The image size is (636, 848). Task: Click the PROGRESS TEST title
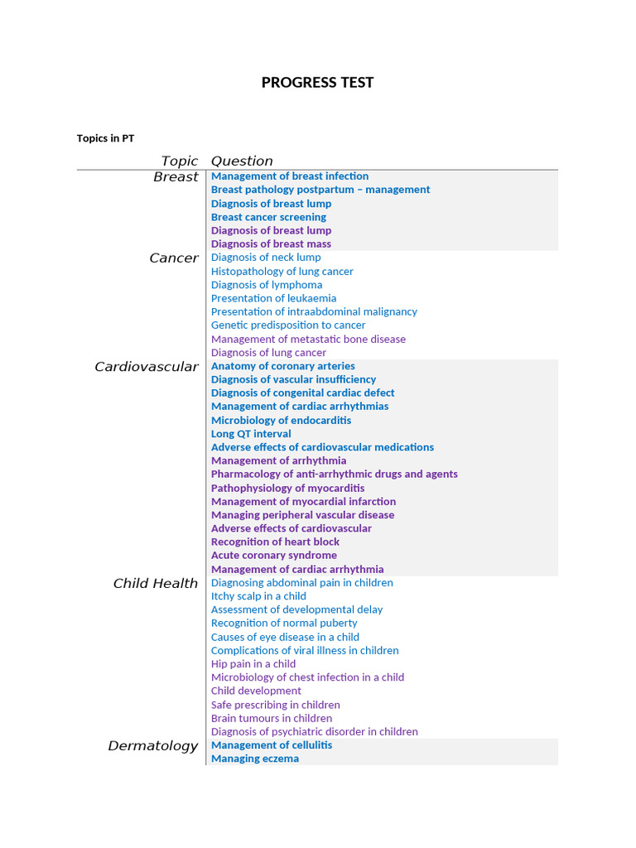coord(317,82)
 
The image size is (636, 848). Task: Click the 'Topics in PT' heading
coord(105,138)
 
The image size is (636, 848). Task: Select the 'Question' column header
coord(242,161)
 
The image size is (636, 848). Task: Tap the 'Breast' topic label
coord(176,176)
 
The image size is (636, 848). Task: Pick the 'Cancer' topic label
coord(174,258)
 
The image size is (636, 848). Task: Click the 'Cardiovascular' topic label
coord(147,367)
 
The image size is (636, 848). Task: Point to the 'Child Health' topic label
coord(156,584)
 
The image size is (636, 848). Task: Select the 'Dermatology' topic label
coord(153,746)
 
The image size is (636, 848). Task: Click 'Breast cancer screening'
coord(268,217)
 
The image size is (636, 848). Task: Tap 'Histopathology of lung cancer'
coord(282,271)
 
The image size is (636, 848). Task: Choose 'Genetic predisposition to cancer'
coord(288,325)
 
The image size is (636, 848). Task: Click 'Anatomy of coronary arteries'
coord(282,366)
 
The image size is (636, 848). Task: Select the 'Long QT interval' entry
coord(251,434)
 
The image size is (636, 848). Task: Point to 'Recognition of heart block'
coord(275,542)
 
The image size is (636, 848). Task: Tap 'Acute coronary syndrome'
coord(273,556)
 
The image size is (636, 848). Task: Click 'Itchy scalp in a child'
coord(258,596)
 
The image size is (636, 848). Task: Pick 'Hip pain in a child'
coord(253,664)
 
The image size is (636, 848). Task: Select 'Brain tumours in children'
coord(272,718)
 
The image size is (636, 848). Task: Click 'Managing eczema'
coord(254,759)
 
